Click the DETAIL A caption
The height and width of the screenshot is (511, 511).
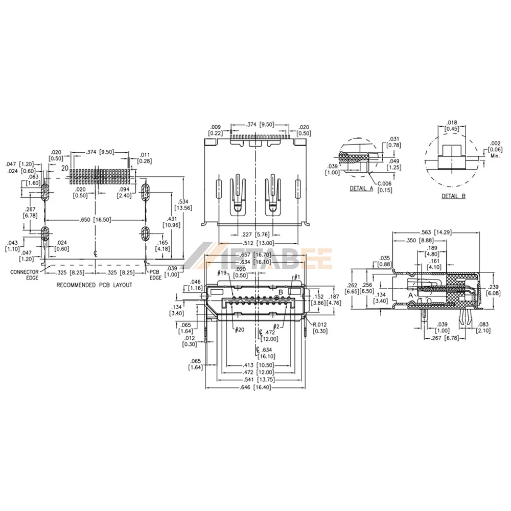[361, 189]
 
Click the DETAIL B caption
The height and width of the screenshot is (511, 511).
[453, 196]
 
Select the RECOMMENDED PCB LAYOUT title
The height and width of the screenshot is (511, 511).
[95, 285]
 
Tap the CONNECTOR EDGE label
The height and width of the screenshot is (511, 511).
[25, 275]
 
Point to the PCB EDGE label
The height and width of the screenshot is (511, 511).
[155, 275]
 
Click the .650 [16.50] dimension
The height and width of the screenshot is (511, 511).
[96, 220]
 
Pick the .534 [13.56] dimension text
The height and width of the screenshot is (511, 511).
[183, 205]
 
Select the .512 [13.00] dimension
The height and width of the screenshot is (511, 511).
[258, 243]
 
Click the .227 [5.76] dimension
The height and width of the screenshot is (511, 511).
[255, 235]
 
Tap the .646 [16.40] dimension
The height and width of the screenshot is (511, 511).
[255, 387]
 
